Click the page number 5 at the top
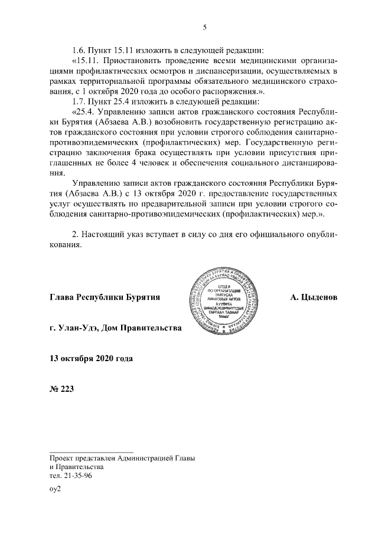point(204,27)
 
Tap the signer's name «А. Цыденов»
point(314,298)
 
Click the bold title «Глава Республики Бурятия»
point(106,298)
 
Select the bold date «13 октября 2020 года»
point(92,358)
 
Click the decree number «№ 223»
point(62,388)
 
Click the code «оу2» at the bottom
point(56,489)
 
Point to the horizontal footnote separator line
point(92,451)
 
